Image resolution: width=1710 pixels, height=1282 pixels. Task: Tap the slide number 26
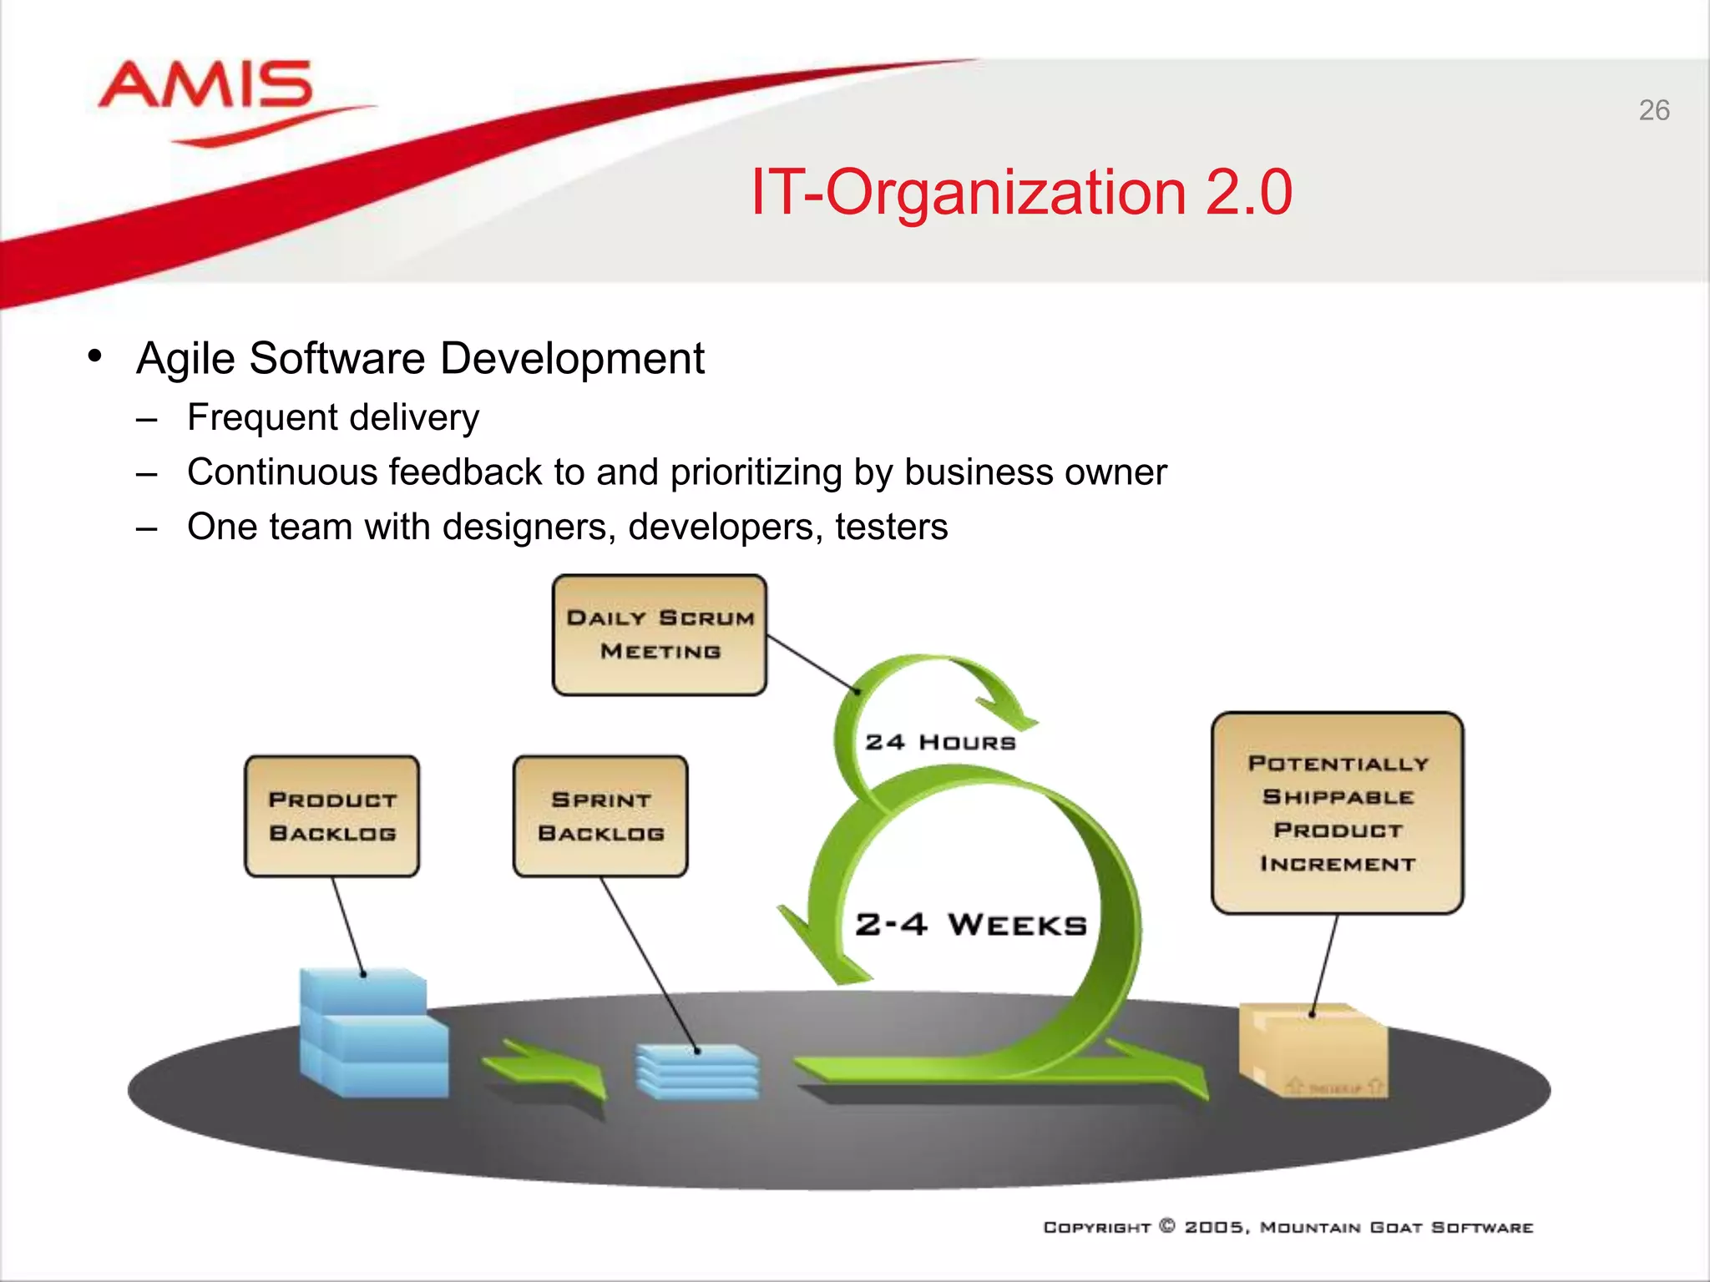tap(1653, 110)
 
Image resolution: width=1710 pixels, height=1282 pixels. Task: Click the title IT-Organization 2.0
tap(1021, 192)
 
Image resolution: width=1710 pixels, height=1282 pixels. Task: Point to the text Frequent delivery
tap(332, 417)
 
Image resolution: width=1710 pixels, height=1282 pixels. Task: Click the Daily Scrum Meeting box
tap(659, 634)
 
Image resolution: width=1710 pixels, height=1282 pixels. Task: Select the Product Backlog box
tap(331, 816)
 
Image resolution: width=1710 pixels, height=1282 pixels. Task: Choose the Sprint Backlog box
tap(600, 816)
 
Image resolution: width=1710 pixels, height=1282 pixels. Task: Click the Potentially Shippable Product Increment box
tap(1337, 812)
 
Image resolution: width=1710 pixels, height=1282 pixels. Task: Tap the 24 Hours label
tap(940, 742)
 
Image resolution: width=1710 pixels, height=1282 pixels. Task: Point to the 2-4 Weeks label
tap(970, 925)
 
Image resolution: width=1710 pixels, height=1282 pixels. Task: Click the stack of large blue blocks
tap(372, 1035)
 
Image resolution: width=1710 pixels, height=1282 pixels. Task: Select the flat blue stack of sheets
tap(697, 1071)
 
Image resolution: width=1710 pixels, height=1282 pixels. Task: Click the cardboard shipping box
tap(1313, 1052)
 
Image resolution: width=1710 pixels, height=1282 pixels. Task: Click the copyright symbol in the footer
tap(1167, 1226)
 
